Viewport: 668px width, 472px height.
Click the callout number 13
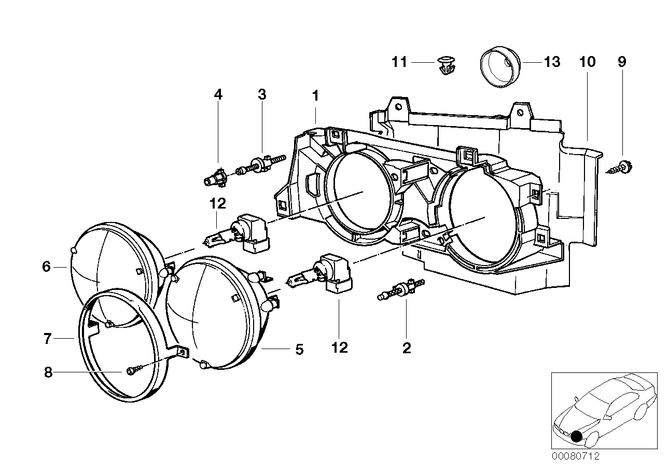[x=552, y=62]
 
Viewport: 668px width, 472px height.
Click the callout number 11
[x=399, y=62]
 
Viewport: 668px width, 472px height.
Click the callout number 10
[x=587, y=62]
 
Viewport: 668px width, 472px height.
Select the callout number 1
[x=315, y=95]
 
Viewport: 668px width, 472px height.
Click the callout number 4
[x=218, y=94]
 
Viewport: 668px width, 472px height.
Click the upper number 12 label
[x=218, y=203]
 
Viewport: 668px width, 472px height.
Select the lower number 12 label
[x=340, y=347]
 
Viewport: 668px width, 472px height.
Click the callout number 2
[x=406, y=348]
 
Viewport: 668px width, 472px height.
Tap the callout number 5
[x=299, y=349]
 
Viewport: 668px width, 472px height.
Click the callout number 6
[x=47, y=267]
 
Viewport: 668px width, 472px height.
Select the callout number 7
[x=47, y=339]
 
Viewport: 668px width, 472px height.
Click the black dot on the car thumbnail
[x=576, y=436]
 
